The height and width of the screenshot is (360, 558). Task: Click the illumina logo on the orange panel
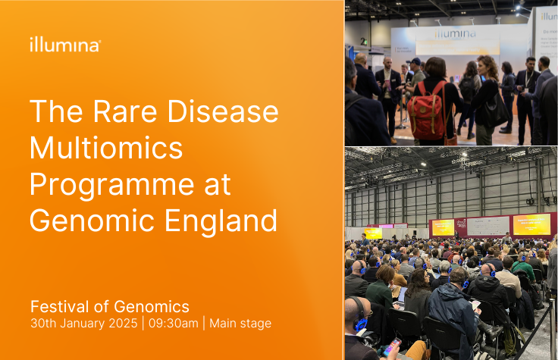coord(64,45)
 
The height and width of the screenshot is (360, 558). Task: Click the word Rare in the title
coord(119,113)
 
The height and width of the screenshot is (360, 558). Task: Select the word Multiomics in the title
coord(106,149)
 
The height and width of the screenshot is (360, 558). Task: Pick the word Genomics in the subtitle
coord(152,307)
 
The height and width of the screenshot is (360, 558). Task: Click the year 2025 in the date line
coord(124,324)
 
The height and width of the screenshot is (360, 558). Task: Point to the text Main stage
coord(240,324)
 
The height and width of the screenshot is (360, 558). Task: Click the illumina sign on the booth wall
coord(456,34)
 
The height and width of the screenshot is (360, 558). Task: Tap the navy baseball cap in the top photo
coord(415,61)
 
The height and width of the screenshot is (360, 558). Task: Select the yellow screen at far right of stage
coord(531,224)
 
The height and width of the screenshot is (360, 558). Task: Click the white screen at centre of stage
coord(487,225)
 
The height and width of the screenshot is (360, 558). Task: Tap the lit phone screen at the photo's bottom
coord(392,348)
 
